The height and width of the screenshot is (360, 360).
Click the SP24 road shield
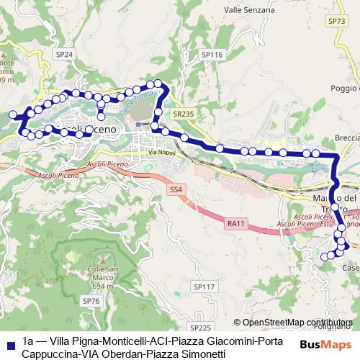[64, 54]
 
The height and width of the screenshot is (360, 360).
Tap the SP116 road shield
[211, 54]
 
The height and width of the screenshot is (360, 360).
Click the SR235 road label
[184, 114]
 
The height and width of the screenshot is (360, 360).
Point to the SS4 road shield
[176, 189]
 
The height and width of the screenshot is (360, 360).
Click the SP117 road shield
[204, 287]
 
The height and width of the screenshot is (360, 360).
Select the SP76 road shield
[91, 300]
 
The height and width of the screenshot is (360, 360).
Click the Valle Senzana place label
[249, 10]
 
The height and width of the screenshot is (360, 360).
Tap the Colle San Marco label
[102, 274]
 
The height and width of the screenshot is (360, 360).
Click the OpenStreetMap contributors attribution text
[297, 323]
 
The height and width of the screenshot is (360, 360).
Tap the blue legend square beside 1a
[9, 342]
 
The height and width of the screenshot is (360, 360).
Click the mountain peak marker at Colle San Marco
[102, 258]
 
